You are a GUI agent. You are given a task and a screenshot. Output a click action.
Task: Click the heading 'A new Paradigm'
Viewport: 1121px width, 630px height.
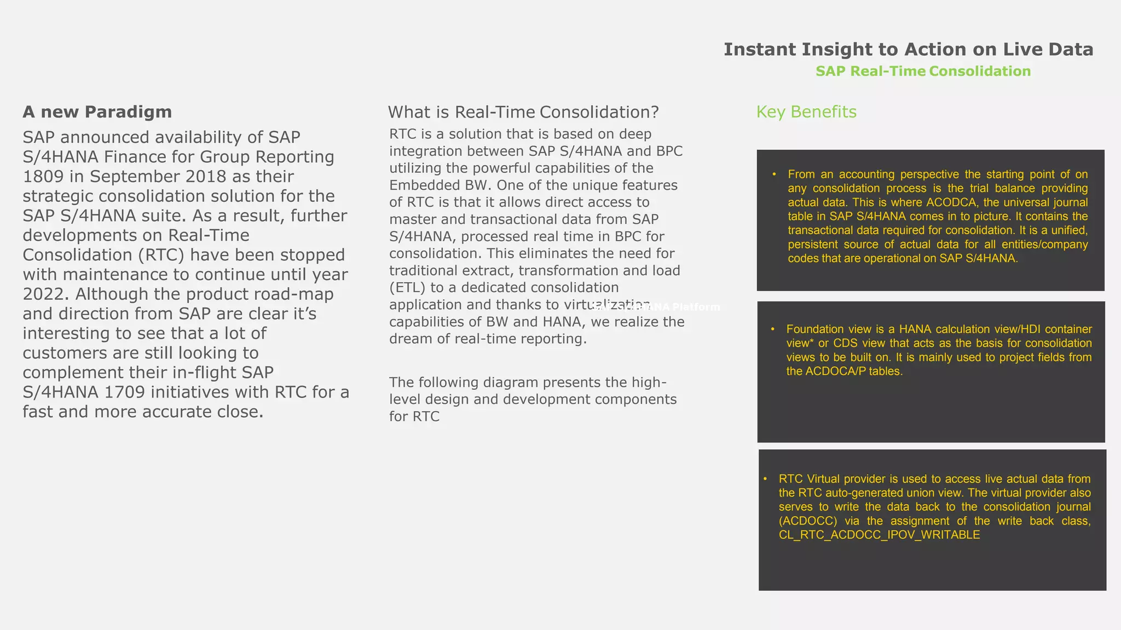pyautogui.click(x=97, y=112)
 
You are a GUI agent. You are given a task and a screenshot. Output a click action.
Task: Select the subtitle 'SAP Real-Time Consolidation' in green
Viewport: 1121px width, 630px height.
pyautogui.click(x=923, y=72)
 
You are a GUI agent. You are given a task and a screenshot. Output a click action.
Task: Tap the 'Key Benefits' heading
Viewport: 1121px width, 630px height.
pyautogui.click(x=806, y=112)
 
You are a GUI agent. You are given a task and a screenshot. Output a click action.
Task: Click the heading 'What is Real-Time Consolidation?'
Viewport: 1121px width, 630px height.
pyautogui.click(x=523, y=113)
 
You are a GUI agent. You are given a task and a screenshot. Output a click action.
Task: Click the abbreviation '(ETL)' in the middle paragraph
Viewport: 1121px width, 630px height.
pyautogui.click(x=407, y=288)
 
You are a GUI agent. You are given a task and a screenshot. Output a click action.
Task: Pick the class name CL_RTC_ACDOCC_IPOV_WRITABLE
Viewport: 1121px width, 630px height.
pyautogui.click(x=879, y=535)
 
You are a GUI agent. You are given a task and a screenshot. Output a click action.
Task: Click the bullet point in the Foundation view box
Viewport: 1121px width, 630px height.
pyautogui.click(x=773, y=329)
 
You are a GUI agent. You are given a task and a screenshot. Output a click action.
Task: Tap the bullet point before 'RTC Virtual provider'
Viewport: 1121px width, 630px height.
pyautogui.click(x=765, y=479)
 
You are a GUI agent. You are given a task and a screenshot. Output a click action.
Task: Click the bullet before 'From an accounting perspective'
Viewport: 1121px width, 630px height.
pyautogui.click(x=775, y=174)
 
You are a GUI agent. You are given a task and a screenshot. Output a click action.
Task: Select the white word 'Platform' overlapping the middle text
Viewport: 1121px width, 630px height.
pyautogui.click(x=696, y=307)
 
